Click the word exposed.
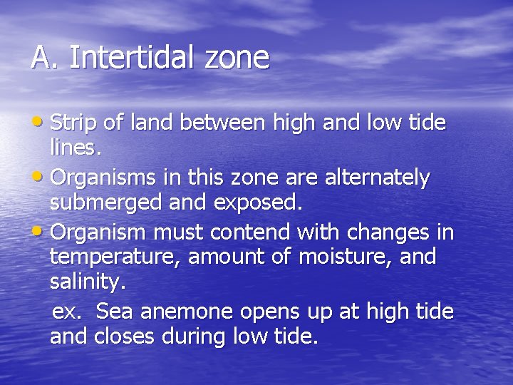254,202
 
